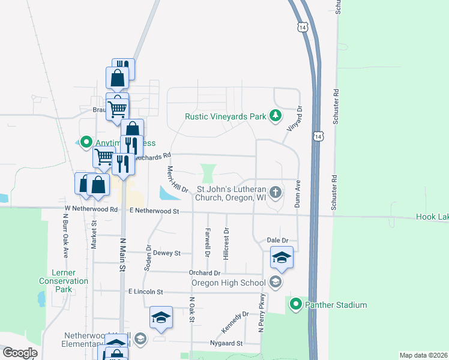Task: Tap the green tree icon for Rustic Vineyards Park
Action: tap(276, 116)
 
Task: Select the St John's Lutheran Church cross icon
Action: tap(276, 193)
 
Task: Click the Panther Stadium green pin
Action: tap(295, 305)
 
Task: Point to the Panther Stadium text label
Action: tap(335, 305)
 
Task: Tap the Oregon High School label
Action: tap(228, 283)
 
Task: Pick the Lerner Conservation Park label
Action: tap(64, 281)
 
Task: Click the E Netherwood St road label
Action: tap(155, 211)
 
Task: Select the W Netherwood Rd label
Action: tap(92, 209)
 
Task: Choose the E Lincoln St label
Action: tap(146, 292)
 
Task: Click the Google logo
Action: tap(20, 353)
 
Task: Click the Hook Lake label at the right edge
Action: tap(432, 217)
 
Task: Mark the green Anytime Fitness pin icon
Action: tap(86, 142)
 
